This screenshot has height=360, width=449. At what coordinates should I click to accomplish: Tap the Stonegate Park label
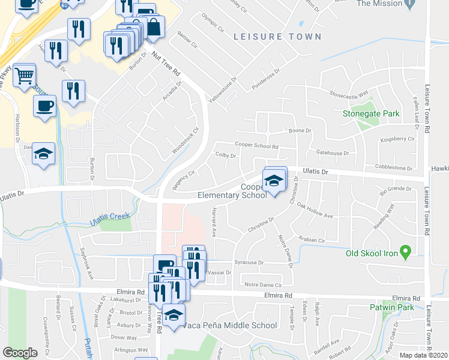pyautogui.click(x=371, y=113)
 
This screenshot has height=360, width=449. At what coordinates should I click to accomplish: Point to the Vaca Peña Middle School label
pyautogui.click(x=231, y=326)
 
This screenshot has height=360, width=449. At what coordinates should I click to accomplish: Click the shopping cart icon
pyautogui.click(x=23, y=75)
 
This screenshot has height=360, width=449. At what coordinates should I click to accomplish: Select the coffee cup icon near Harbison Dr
pyautogui.click(x=44, y=106)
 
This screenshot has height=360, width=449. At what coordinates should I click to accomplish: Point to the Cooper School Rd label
pyautogui.click(x=257, y=145)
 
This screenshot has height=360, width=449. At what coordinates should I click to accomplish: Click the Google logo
pyautogui.click(x=20, y=353)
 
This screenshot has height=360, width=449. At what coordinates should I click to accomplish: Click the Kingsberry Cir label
pyautogui.click(x=398, y=139)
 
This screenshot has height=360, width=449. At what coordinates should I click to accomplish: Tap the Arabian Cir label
pyautogui.click(x=312, y=240)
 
